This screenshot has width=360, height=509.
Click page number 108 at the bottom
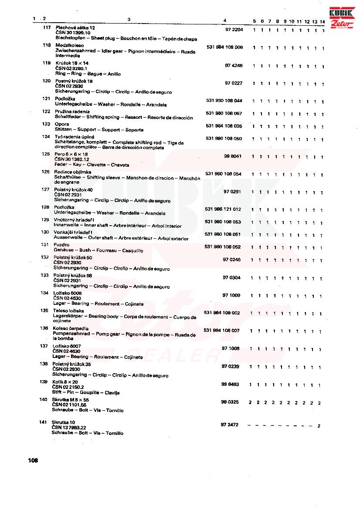point(33,460)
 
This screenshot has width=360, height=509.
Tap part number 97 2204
point(234,30)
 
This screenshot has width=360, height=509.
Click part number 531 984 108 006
point(224,47)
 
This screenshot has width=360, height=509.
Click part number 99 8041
point(233,156)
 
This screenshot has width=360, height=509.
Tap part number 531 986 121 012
point(223,209)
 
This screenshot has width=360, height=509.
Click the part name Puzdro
point(61,245)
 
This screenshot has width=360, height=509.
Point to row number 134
point(44,293)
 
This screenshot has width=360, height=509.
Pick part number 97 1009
point(231,295)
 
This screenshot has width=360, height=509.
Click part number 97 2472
point(230,425)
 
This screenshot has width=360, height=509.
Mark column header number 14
point(322,21)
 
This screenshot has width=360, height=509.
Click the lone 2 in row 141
point(319,426)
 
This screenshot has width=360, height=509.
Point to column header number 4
point(224,20)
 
